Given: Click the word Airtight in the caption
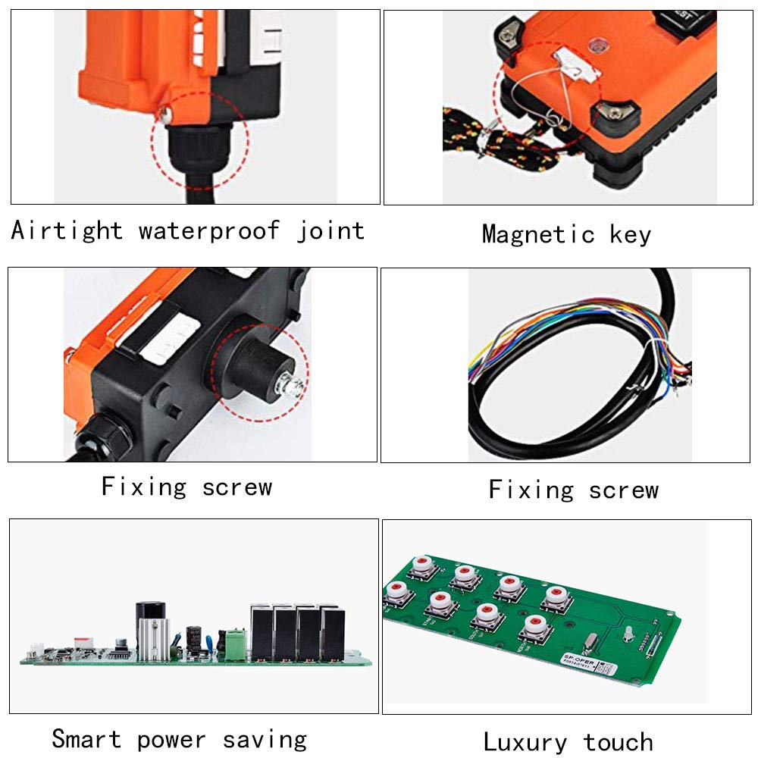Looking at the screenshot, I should coord(67,230).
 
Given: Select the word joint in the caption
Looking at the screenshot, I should coord(330,230).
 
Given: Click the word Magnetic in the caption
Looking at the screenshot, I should coord(538,234).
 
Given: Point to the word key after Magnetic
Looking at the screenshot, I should coord(630,234).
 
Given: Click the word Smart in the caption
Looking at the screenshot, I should coord(86,738).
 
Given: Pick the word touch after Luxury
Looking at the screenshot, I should coord(618,741).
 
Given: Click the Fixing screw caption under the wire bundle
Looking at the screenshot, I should coord(573,490).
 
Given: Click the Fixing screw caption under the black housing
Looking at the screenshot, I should coord(186,486).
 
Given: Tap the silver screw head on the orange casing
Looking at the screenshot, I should coord(162,114).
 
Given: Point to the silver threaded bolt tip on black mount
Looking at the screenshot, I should coord(293,389).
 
